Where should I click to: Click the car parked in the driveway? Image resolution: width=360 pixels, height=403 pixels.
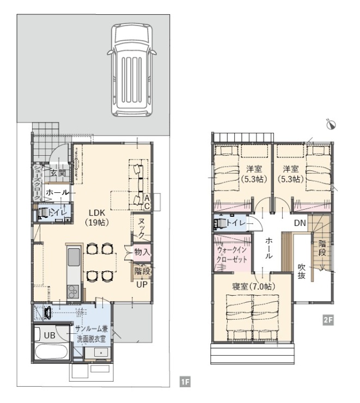[x=132, y=70]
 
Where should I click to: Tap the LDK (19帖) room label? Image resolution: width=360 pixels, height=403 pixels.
[x=97, y=217]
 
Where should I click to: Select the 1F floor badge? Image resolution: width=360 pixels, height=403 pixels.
[x=185, y=382]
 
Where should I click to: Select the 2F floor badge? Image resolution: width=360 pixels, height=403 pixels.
[x=328, y=320]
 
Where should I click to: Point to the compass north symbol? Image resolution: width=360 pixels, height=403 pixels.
[x=331, y=124]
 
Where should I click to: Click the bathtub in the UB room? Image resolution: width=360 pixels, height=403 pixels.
[x=51, y=352]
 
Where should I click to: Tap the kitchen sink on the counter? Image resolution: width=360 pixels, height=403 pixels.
[x=74, y=258]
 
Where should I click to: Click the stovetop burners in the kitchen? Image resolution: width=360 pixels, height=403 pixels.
[x=74, y=292]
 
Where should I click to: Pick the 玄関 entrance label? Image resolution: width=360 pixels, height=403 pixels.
[x=58, y=173]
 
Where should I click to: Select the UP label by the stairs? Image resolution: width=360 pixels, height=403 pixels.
[x=142, y=284]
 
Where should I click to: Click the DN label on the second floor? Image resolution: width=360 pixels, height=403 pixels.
[x=300, y=223]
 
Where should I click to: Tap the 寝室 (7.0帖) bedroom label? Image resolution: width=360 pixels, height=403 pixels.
[x=253, y=286]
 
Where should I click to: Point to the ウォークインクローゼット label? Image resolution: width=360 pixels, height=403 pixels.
[x=232, y=254]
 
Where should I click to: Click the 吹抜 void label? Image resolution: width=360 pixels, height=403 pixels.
[x=301, y=271]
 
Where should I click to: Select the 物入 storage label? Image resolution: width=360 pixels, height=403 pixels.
[x=142, y=252]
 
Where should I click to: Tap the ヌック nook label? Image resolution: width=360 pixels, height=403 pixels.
[x=141, y=228]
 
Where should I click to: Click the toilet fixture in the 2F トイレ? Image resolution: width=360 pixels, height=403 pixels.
[x=220, y=223]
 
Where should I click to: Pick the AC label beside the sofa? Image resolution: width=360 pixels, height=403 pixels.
[x=147, y=202]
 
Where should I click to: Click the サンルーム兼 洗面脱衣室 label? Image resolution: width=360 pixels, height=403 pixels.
[x=91, y=333]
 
